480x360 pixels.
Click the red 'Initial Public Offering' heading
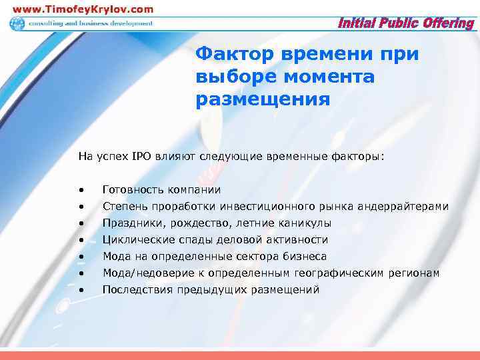coord(407,23)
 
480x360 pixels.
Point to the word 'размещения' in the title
coord(263,100)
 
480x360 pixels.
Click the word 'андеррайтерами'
coord(405,207)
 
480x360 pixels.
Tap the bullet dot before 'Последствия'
coord(80,290)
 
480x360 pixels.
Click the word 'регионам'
coord(417,273)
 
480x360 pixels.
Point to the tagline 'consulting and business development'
coord(90,23)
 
